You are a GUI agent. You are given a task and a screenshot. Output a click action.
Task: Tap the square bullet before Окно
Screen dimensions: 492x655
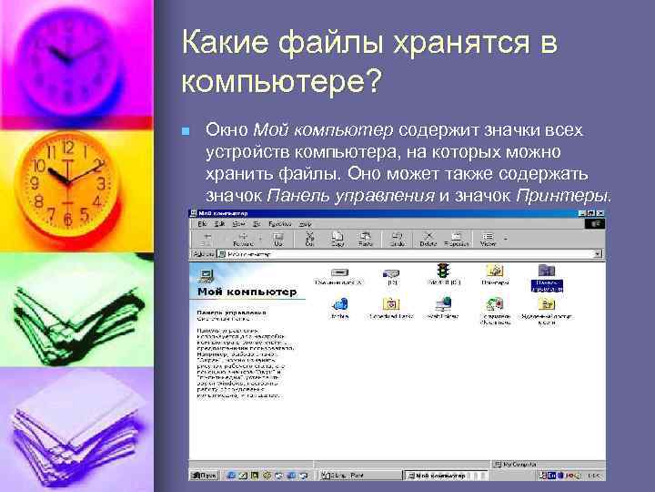click(x=186, y=132)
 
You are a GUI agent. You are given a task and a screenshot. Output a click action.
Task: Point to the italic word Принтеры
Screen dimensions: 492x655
click(x=563, y=195)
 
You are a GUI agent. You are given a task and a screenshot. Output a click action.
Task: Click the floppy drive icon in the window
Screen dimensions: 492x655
click(x=340, y=272)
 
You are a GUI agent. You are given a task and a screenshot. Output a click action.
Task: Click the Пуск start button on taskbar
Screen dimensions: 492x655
click(x=204, y=475)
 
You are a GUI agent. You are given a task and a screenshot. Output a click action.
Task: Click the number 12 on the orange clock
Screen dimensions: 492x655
click(x=66, y=148)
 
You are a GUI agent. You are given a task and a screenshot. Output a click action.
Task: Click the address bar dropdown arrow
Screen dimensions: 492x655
click(x=598, y=254)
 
